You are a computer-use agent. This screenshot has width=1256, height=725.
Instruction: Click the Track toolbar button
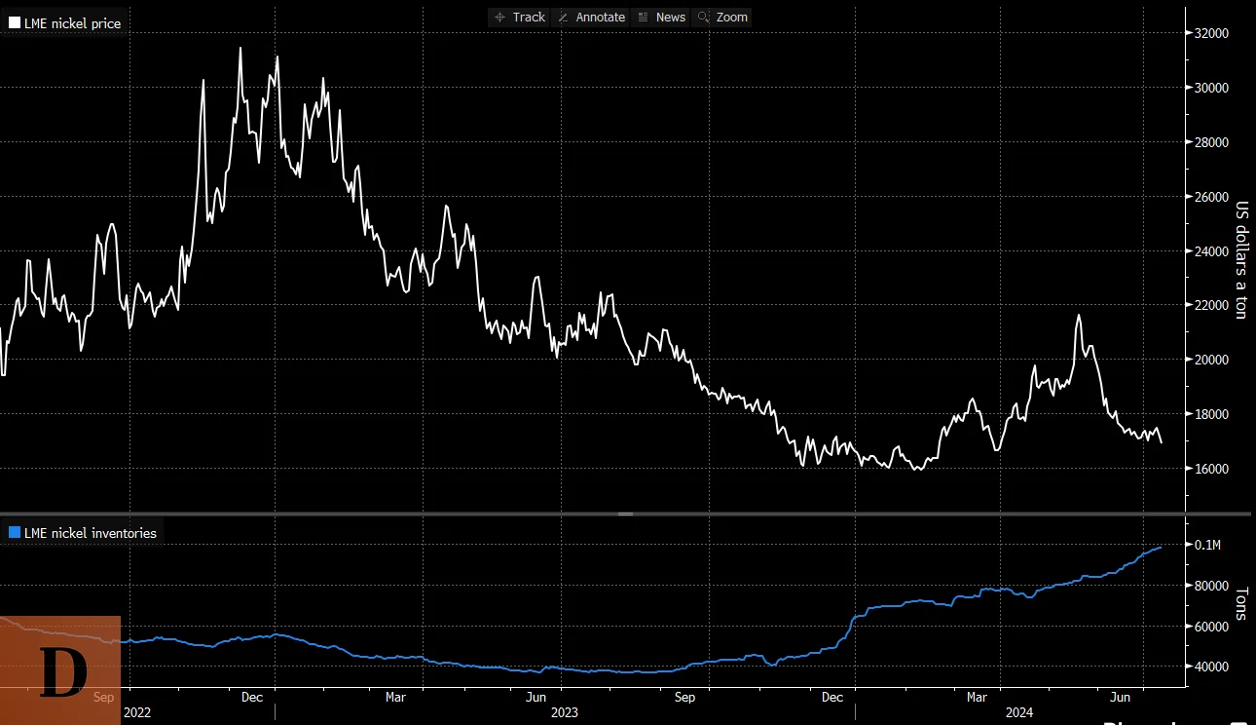tap(520, 17)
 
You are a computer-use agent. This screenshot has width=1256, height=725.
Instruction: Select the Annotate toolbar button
tap(591, 17)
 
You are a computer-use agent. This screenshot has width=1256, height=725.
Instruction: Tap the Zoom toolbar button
tap(722, 17)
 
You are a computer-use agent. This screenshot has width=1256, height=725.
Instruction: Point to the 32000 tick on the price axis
tap(1212, 33)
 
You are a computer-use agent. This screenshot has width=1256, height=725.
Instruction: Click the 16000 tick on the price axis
tap(1212, 469)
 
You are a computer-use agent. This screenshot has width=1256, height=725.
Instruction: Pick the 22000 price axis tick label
tap(1212, 305)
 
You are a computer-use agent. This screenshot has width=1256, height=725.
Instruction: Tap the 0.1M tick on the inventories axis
tap(1207, 545)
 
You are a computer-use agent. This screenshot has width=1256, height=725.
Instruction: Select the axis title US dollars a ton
tap(1240, 259)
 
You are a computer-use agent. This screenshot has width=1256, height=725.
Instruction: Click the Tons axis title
tap(1240, 603)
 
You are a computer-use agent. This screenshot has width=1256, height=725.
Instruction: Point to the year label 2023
tap(565, 712)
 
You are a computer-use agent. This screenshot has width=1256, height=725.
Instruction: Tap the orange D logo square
tap(60, 670)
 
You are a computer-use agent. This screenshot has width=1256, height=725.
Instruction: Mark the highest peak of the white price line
tap(240, 48)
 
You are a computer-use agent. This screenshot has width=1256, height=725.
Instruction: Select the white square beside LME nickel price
tap(15, 22)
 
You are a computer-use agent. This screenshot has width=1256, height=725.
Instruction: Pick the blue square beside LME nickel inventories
tap(15, 533)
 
